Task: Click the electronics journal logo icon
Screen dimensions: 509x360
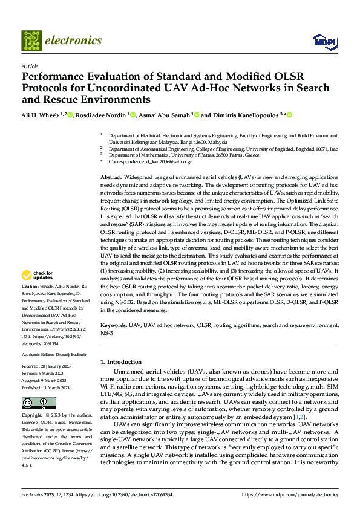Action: coord(31,41)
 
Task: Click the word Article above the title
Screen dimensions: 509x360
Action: coord(30,66)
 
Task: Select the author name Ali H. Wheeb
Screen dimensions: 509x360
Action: coord(41,115)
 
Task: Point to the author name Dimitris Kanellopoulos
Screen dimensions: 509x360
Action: coord(244,115)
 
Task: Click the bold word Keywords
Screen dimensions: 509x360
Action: coord(114,326)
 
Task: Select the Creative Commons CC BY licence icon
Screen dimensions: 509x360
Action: coord(38,403)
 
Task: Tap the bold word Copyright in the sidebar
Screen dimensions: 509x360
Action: coord(31,416)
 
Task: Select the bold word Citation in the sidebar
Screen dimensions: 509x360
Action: coord(30,285)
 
